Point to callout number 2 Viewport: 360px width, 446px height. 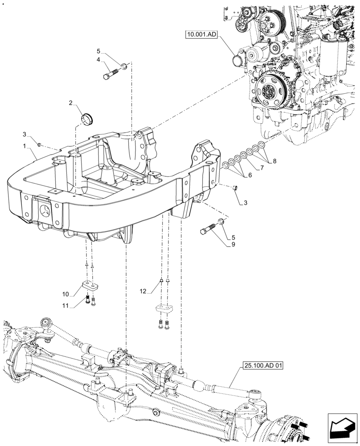(71, 103)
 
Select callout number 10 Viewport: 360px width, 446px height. (65, 294)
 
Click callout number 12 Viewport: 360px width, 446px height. (142, 291)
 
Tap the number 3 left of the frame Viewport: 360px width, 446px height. (25, 135)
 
